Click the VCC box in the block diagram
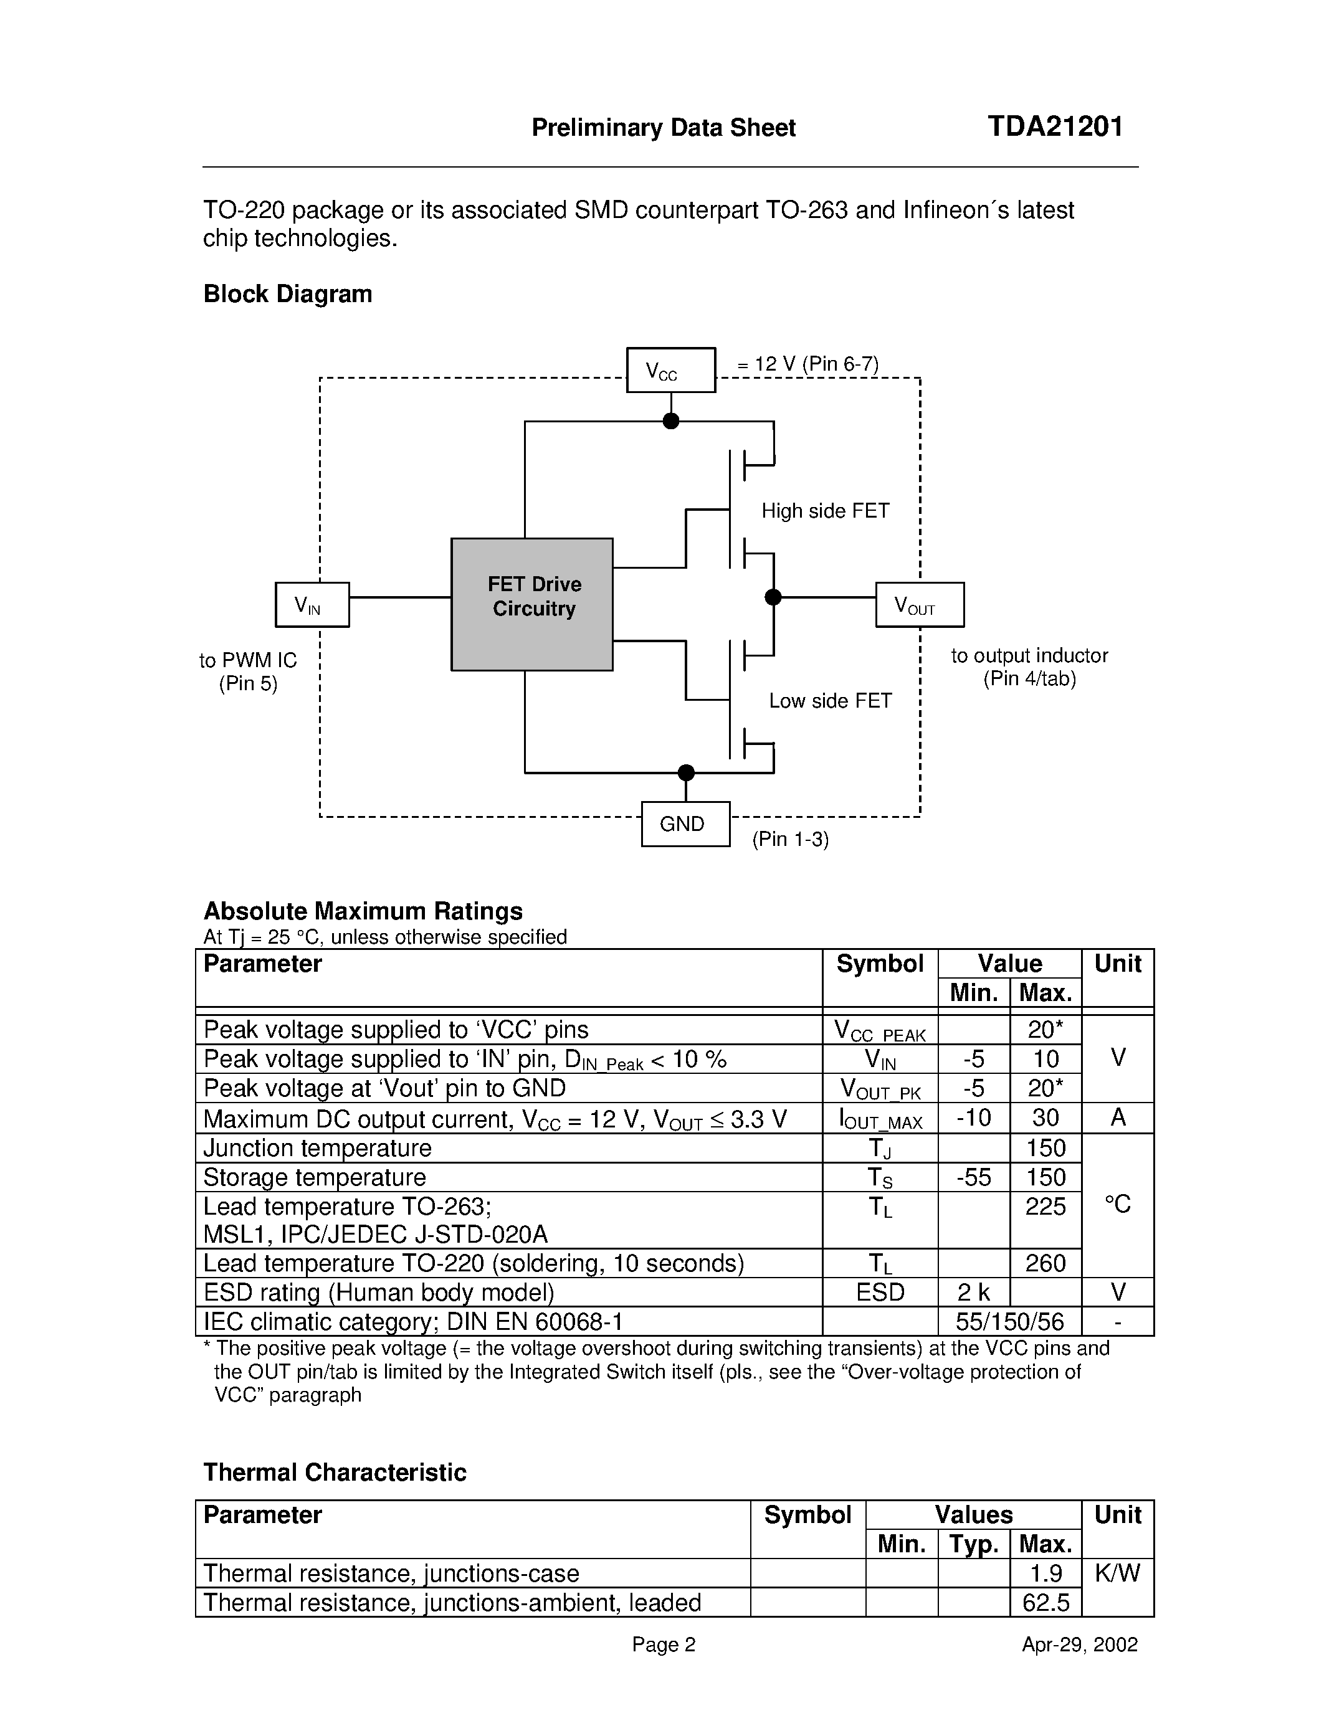[x=670, y=370]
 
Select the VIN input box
[x=312, y=605]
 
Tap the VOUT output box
[x=919, y=605]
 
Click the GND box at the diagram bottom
[x=685, y=823]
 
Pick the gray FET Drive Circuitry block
[x=532, y=604]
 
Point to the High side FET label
[x=825, y=511]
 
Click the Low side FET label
[x=830, y=700]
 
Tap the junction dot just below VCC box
[x=670, y=421]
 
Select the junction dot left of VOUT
[x=773, y=597]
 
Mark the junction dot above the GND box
[x=685, y=772]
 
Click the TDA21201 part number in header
[x=1055, y=126]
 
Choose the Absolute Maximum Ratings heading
[x=363, y=911]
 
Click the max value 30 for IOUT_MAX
[x=1045, y=1117]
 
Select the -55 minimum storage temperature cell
[x=973, y=1177]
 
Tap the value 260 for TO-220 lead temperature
[x=1045, y=1263]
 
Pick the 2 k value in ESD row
[x=973, y=1292]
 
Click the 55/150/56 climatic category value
[x=1009, y=1322]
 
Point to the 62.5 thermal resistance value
[x=1045, y=1602]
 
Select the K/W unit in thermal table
[x=1117, y=1573]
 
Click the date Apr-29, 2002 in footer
[x=1079, y=1644]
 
